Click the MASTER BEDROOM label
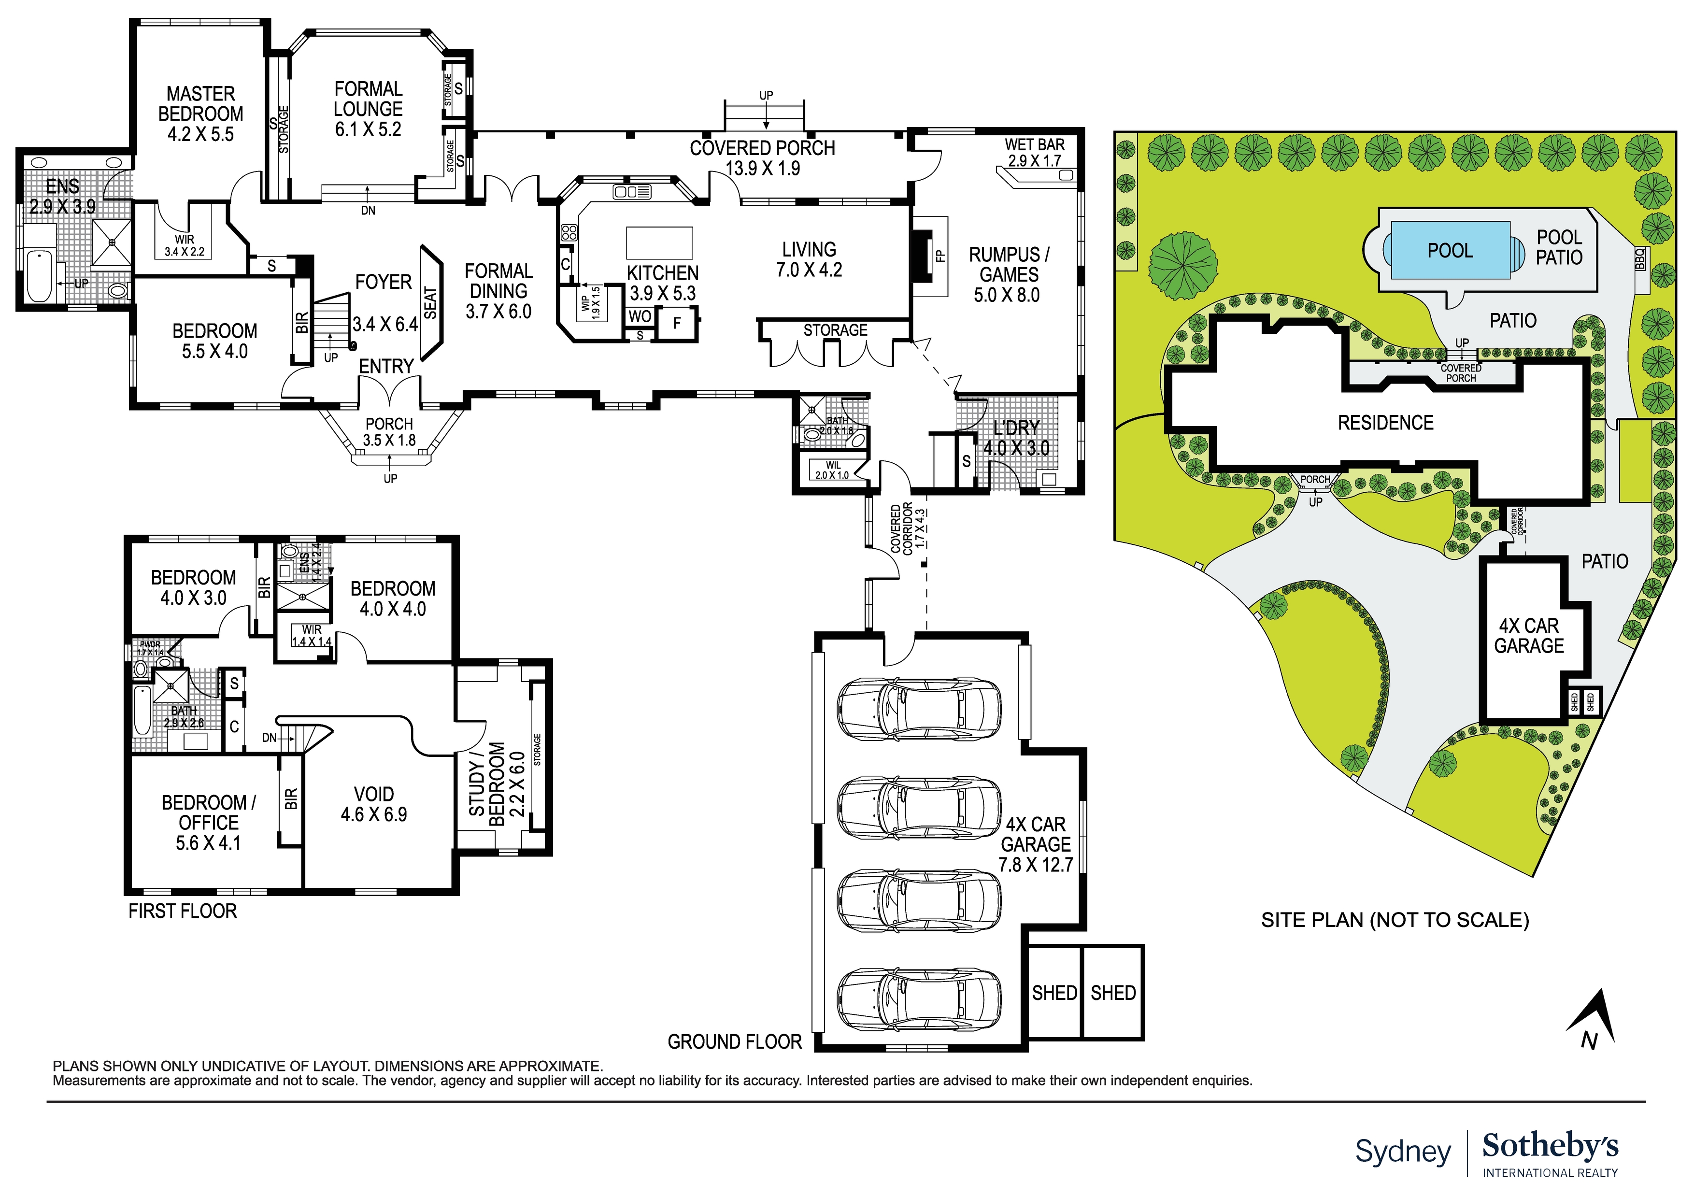(x=200, y=104)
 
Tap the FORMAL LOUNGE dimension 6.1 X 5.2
(x=368, y=130)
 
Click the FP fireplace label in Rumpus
(x=940, y=256)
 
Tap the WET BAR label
(x=1034, y=144)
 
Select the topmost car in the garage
(x=919, y=709)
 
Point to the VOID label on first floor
(x=373, y=794)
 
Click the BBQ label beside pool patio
(x=1640, y=259)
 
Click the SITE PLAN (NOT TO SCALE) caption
(x=1395, y=920)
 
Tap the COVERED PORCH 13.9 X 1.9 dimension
(x=762, y=168)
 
